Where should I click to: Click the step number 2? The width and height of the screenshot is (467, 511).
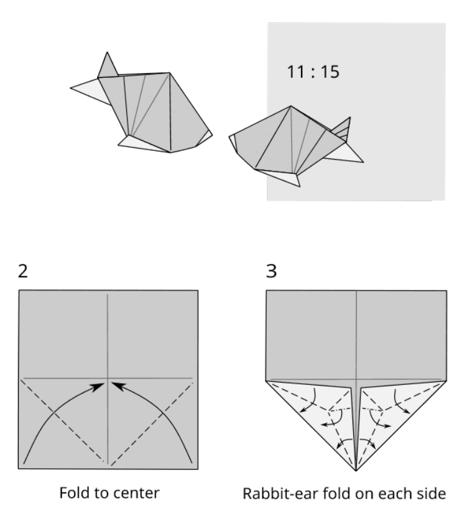[x=23, y=271]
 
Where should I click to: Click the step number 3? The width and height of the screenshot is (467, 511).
[x=272, y=271]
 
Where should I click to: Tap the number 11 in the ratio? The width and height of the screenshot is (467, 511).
[x=295, y=71]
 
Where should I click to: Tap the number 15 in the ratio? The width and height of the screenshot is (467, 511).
[x=330, y=71]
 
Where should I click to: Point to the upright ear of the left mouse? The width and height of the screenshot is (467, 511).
[x=108, y=65]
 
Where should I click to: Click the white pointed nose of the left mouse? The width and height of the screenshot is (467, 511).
[x=90, y=91]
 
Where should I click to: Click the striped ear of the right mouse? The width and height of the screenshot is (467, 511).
[x=341, y=129]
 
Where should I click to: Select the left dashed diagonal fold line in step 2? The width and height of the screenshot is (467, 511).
[x=63, y=421]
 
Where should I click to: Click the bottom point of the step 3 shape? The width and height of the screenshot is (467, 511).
[x=356, y=471]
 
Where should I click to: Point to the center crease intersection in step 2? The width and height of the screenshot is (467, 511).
[x=108, y=378]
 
